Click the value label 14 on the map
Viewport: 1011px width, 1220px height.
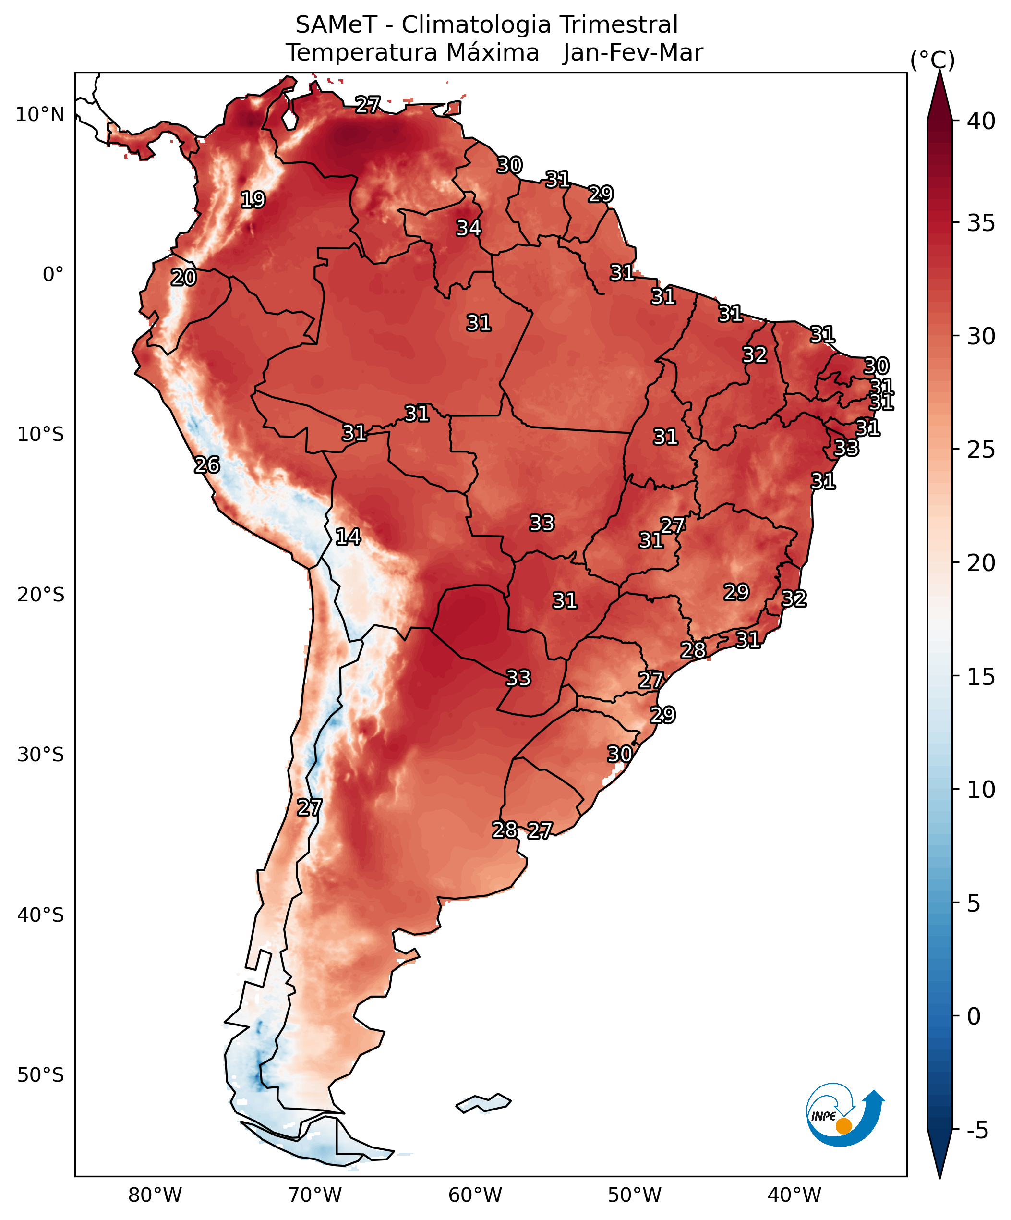pyautogui.click(x=348, y=537)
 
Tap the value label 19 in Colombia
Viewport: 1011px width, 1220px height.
pyautogui.click(x=253, y=200)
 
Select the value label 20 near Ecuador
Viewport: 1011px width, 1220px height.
pyautogui.click(x=183, y=278)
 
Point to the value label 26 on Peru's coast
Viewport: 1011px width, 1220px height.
pyautogui.click(x=207, y=465)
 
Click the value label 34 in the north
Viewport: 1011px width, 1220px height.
pyautogui.click(x=468, y=228)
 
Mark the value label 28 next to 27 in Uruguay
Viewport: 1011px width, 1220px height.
pyautogui.click(x=505, y=830)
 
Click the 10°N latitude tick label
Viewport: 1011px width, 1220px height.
pyautogui.click(x=39, y=114)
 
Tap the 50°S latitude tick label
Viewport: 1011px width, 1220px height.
pyautogui.click(x=40, y=1075)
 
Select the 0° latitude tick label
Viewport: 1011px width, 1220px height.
pyautogui.click(x=53, y=274)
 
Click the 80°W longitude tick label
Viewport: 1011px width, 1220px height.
pyautogui.click(x=155, y=1196)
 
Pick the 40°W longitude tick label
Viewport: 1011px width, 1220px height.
pyautogui.click(x=794, y=1196)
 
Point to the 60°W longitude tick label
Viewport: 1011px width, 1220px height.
pyautogui.click(x=475, y=1196)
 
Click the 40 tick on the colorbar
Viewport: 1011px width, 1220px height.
pyautogui.click(x=981, y=122)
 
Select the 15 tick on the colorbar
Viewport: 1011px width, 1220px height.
pyautogui.click(x=981, y=676)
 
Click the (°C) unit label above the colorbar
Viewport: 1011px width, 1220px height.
pyautogui.click(x=932, y=60)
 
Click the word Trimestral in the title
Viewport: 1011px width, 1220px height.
pyautogui.click(x=618, y=25)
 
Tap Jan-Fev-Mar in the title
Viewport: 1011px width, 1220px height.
pyautogui.click(x=632, y=53)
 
